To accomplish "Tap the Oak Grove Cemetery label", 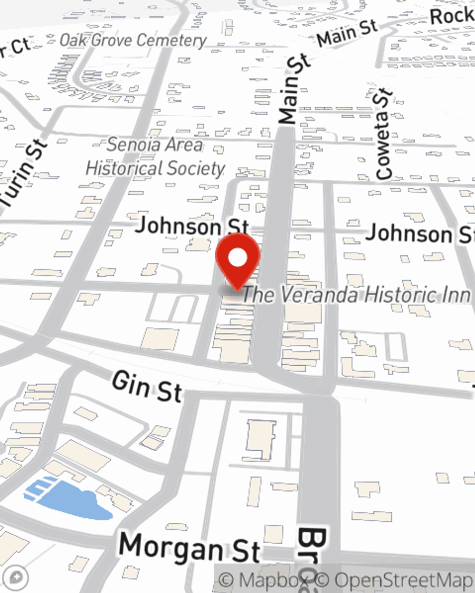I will click(133, 40).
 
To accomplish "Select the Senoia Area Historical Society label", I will click(155, 157).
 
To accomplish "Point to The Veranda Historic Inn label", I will click(356, 295).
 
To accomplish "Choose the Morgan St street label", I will click(190, 547).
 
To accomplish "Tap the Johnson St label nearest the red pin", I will click(192, 226).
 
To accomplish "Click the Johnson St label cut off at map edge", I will click(420, 234).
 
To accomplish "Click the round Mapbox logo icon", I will click(15, 577).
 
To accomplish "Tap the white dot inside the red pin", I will click(237, 258).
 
